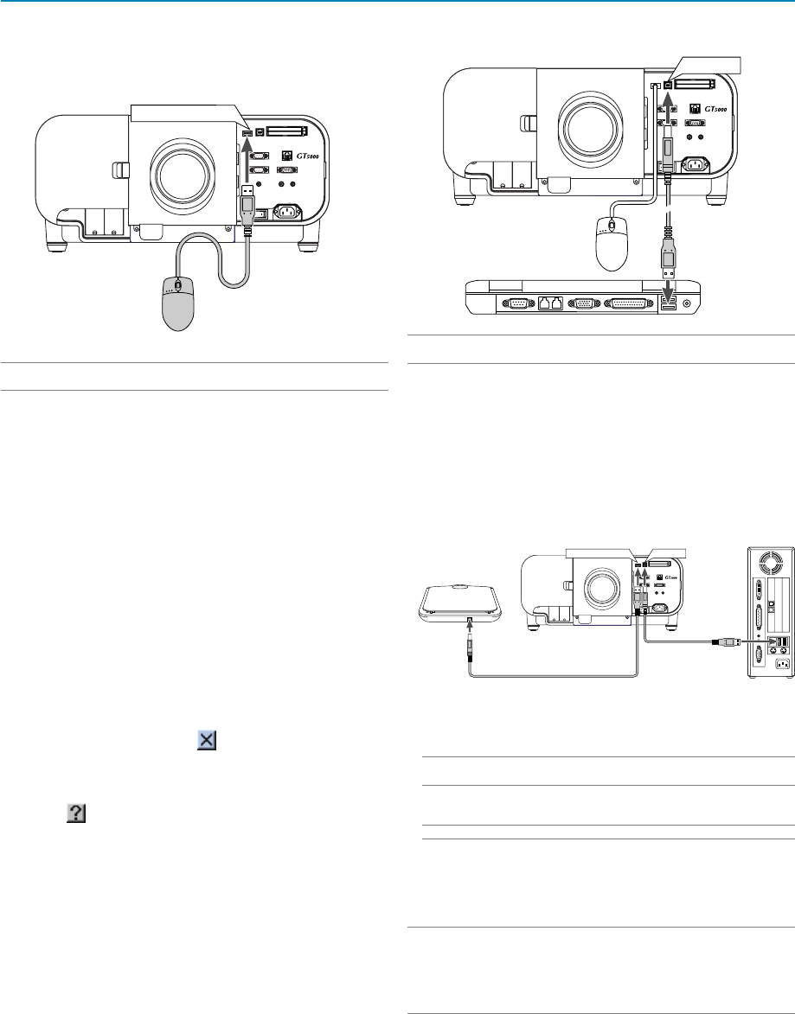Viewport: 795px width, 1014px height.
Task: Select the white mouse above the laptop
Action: pyautogui.click(x=612, y=243)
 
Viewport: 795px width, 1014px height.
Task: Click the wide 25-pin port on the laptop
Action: pyautogui.click(x=628, y=303)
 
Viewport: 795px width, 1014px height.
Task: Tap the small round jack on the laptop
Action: pyautogui.click(x=686, y=303)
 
